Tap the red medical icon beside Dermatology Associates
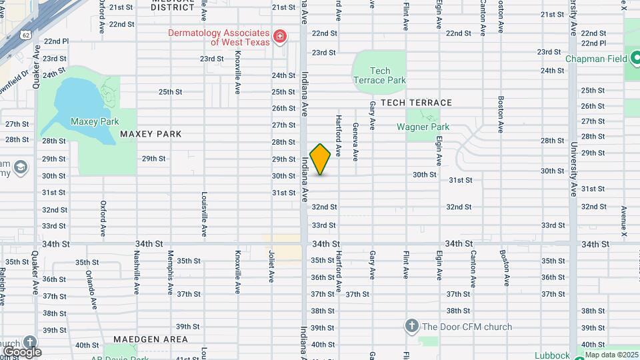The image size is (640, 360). point(281,35)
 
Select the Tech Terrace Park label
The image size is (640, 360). point(379,75)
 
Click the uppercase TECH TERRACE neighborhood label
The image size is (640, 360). point(416,103)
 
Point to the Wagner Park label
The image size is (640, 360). point(423,127)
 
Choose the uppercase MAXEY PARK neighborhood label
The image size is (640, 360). point(151,134)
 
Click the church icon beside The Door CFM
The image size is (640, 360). point(412,326)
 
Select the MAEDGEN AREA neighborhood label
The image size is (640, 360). point(151,339)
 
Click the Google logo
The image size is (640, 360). point(22,351)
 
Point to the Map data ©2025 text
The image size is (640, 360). point(611,355)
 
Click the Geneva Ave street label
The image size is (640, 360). point(355,141)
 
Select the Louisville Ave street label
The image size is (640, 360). point(203,215)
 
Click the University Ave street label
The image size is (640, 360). point(572,169)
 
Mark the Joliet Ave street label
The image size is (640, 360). point(271,265)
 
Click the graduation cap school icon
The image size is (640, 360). point(21,166)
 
